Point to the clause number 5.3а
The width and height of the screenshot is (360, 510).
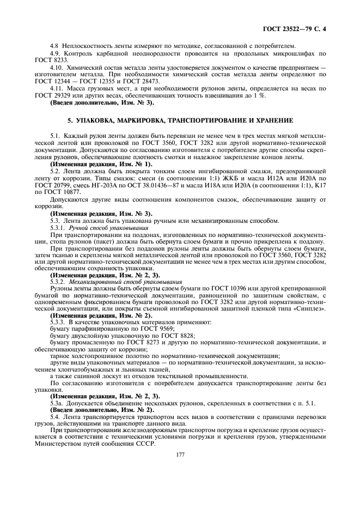(56, 403)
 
